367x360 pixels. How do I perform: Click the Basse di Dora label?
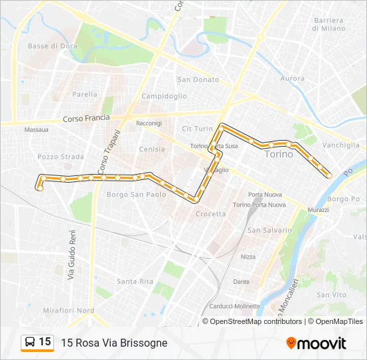click(53, 46)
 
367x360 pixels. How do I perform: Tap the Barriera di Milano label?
click(329, 25)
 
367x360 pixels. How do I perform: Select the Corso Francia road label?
click(86, 119)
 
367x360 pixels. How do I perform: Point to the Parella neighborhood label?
click(85, 95)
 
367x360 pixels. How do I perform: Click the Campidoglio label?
click(164, 96)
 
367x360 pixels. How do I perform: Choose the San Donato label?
click(198, 80)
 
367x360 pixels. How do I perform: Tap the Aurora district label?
click(292, 79)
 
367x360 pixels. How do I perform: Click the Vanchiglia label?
click(341, 145)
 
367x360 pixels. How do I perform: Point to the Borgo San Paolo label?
click(136, 195)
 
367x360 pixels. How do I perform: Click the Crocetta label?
click(211, 214)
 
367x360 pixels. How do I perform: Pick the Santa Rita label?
click(135, 281)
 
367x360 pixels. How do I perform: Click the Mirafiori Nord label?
click(68, 311)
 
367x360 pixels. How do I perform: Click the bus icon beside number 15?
click(30, 343)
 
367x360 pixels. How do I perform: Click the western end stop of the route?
click(40, 189)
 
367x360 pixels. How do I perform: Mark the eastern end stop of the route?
click(329, 175)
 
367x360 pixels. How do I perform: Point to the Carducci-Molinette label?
click(235, 306)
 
